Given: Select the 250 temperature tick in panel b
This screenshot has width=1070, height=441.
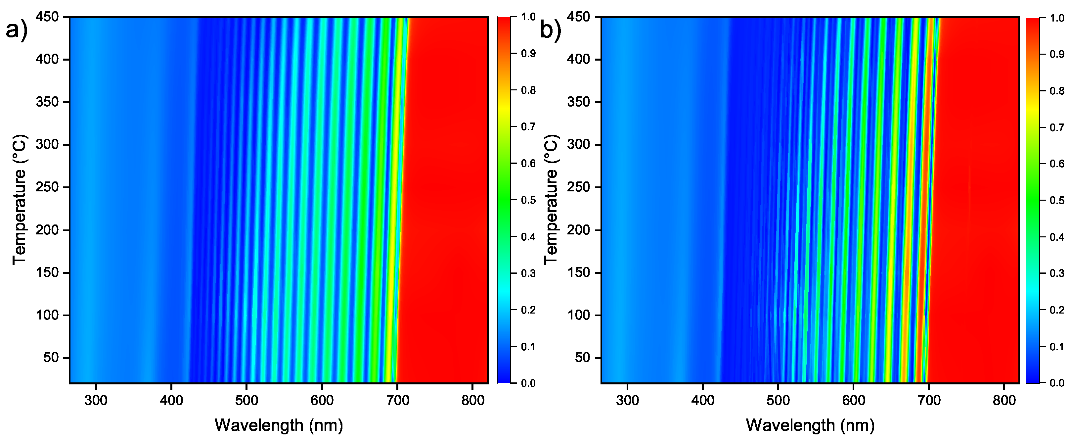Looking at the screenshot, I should [x=578, y=187].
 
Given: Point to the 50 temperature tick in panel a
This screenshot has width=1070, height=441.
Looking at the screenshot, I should [x=51, y=358].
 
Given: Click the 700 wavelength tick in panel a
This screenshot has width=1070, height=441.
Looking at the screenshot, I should [x=397, y=400].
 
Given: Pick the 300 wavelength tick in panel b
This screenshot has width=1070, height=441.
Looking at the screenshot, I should [x=627, y=400].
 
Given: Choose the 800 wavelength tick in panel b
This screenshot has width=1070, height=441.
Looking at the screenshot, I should [x=1004, y=400].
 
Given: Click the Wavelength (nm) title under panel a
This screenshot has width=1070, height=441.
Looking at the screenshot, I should [x=279, y=425].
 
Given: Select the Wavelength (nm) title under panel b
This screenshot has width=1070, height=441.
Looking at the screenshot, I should [x=810, y=425].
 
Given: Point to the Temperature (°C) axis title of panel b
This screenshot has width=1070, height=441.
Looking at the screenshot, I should [x=550, y=200].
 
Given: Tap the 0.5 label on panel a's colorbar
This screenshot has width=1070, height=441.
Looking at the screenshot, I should [x=528, y=200].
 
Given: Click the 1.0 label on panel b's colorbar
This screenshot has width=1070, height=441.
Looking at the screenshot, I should [x=1057, y=18].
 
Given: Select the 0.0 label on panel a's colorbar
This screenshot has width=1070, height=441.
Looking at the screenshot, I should [x=528, y=383].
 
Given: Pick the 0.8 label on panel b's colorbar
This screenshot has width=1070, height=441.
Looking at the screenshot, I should [x=1057, y=91].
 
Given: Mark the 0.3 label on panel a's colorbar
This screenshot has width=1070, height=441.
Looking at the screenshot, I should [x=528, y=273].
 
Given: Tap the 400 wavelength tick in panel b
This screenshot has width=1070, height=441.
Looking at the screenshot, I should [x=703, y=400].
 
